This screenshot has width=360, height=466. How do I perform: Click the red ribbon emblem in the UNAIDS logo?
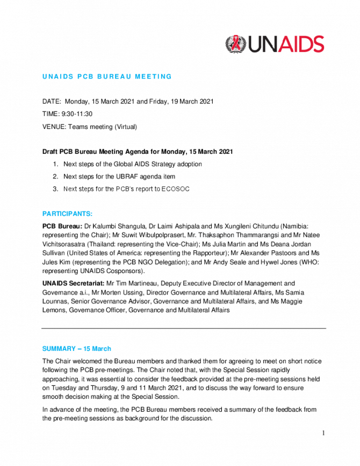(236, 44)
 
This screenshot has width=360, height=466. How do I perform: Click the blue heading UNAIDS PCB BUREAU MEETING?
(107, 76)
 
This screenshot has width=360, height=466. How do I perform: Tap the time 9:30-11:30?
(77, 114)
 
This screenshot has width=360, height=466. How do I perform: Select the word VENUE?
(54, 127)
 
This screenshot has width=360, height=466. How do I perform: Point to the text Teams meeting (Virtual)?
(103, 127)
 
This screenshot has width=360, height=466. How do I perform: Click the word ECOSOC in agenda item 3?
(175, 189)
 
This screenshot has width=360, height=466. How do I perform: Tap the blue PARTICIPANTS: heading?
(67, 214)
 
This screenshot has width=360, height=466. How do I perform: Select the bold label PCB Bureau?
(62, 226)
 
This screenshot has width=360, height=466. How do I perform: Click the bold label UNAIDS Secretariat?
(74, 283)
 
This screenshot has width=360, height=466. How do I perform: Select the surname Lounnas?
(55, 302)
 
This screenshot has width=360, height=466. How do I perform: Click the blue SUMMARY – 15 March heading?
(77, 349)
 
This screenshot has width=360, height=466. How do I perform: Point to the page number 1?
(323, 433)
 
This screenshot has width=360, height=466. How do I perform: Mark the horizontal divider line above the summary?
(184, 328)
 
